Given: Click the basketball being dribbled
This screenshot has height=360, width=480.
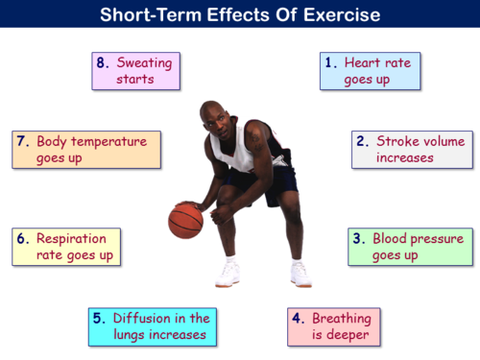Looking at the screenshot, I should click(x=185, y=221).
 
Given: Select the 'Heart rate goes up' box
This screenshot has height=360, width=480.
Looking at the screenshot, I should click(x=370, y=71).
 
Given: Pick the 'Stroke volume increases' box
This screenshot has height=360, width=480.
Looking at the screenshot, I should click(x=412, y=149).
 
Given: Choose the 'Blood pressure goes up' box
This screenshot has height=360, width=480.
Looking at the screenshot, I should click(x=410, y=247).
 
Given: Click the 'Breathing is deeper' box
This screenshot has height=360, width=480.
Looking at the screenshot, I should click(x=334, y=326).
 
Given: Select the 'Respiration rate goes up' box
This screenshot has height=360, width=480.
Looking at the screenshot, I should click(x=66, y=247).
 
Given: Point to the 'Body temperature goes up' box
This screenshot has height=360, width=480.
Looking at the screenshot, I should click(x=85, y=149).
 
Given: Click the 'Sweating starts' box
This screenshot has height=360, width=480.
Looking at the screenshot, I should click(x=135, y=71).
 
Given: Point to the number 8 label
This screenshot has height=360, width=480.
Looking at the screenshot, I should click(x=102, y=62).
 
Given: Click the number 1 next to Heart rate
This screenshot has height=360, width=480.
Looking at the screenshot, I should click(x=330, y=62).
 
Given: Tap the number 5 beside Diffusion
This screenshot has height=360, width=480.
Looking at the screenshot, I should click(x=98, y=318).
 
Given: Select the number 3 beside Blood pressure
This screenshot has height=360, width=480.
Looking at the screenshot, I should click(x=358, y=238).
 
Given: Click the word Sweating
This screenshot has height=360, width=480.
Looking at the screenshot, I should click(x=143, y=62).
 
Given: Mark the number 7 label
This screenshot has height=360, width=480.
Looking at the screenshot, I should click(x=22, y=141).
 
